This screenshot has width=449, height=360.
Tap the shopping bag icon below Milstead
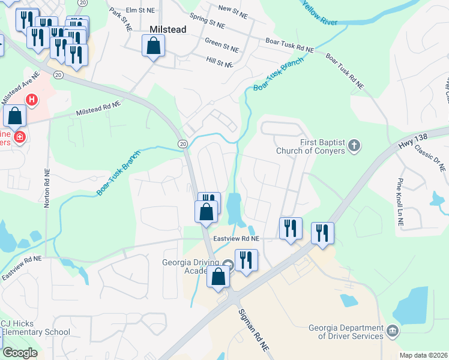[x=154, y=46]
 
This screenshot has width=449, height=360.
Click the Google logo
[x=20, y=353]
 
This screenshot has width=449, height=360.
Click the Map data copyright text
[x=423, y=355]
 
